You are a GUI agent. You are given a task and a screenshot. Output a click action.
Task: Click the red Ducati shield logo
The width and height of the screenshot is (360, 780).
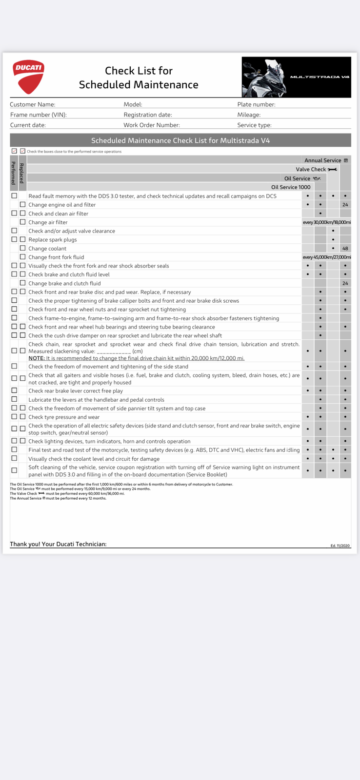28,77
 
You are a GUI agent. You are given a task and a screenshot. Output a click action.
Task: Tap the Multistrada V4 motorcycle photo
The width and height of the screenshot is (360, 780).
296,77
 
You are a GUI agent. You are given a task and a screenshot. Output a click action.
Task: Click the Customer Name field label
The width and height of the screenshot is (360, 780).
33,104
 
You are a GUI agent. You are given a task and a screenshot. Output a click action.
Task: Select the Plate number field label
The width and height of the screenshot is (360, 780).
256,104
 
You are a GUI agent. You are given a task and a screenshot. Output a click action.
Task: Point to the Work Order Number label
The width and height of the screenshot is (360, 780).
152,125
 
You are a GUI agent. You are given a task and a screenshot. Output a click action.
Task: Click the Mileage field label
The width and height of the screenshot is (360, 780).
249,115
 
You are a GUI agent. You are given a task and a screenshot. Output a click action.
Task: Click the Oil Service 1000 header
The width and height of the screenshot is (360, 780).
291,187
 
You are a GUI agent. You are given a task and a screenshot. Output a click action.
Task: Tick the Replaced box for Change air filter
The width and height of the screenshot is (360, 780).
22,222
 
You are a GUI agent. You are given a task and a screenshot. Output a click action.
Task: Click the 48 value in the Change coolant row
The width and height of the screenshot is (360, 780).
345,249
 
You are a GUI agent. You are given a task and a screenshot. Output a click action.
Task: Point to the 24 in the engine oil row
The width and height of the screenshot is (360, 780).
345,205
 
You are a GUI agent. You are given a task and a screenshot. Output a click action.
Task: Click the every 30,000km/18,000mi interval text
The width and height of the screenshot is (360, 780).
326,222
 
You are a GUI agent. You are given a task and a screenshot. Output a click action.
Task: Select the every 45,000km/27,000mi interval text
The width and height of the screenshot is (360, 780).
326,257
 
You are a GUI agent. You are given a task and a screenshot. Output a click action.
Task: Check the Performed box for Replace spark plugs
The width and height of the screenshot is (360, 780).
14,239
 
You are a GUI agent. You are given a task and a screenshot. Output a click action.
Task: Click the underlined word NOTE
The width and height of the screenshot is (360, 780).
36,358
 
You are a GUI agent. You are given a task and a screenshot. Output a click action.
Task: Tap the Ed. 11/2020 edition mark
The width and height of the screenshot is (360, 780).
340,546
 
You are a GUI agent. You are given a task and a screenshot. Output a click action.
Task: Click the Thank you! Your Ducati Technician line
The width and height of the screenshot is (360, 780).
58,544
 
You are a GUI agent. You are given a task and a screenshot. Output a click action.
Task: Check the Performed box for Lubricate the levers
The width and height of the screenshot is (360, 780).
14,399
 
